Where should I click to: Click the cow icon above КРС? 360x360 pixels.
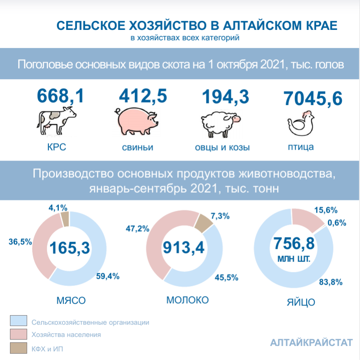(56, 122)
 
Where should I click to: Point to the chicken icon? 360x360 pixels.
(301, 122)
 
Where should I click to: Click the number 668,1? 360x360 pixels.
(60, 96)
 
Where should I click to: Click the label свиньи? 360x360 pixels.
(137, 147)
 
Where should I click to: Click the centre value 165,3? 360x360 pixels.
(70, 248)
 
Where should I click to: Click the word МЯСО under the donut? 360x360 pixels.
(71, 301)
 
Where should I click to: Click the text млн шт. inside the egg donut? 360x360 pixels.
(294, 260)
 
